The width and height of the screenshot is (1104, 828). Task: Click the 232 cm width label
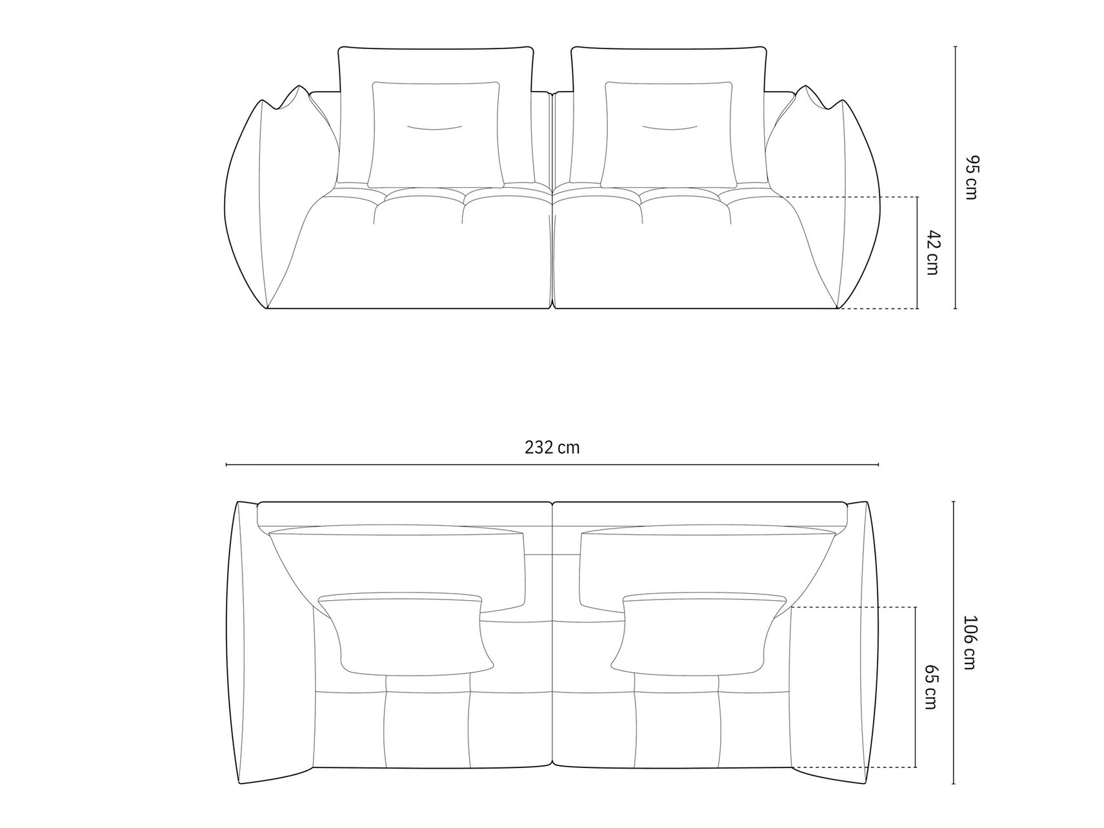coord(552,448)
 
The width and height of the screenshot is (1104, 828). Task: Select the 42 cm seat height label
coord(932,252)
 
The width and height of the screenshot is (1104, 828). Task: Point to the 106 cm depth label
coord(970,643)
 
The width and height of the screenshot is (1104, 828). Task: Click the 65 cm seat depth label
coord(930,687)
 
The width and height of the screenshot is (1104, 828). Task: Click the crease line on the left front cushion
coord(434,128)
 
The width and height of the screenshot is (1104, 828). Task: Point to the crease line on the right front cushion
coord(669,128)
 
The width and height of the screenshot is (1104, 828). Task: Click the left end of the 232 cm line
coord(226,465)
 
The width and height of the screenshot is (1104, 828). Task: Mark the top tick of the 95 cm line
coord(955,47)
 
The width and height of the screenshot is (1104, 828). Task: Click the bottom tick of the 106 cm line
coord(954,783)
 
